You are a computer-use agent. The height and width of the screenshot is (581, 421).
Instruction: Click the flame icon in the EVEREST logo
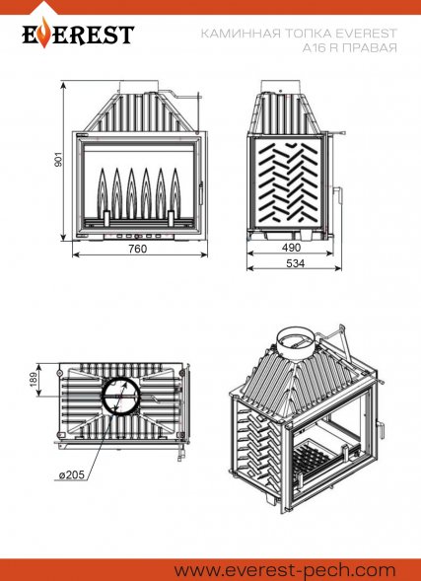(x=44, y=33)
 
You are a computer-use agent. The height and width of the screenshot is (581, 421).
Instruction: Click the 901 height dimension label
(x=59, y=159)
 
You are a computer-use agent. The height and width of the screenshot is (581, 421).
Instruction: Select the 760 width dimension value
(x=138, y=249)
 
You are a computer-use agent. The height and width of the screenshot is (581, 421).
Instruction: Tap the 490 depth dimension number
(x=291, y=248)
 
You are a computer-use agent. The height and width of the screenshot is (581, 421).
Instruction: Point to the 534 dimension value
(x=296, y=263)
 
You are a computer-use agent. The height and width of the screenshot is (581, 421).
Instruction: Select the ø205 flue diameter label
(x=72, y=474)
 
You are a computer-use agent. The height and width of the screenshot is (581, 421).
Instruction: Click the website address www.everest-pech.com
(x=286, y=570)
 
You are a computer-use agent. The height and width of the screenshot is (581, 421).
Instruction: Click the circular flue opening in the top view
(x=121, y=397)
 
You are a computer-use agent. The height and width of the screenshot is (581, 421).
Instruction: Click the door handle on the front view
(x=201, y=193)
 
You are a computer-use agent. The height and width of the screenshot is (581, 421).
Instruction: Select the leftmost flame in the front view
(x=103, y=193)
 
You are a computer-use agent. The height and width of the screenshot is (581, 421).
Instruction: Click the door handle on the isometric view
(x=380, y=430)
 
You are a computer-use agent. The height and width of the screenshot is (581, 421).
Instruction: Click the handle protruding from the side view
(x=338, y=190)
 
